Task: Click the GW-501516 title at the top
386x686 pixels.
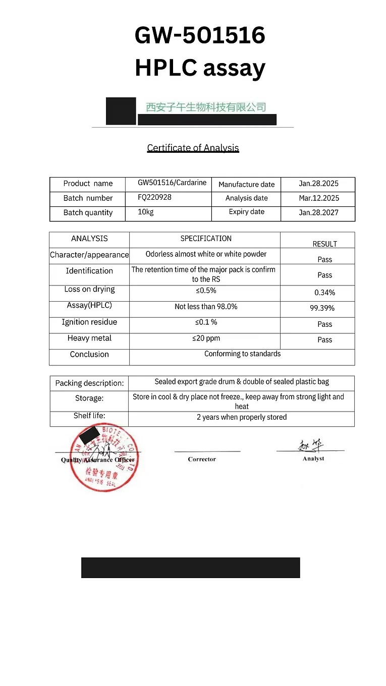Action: pyautogui.click(x=200, y=36)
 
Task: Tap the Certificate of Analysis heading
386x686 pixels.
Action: pyautogui.click(x=193, y=148)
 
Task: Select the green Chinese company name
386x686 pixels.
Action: pyautogui.click(x=206, y=107)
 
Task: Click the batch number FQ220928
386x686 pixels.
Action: pyautogui.click(x=154, y=197)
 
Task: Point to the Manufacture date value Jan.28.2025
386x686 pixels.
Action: pyautogui.click(x=319, y=184)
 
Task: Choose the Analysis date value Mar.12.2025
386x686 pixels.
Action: pyautogui.click(x=319, y=198)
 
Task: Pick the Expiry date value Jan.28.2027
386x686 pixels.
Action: pyautogui.click(x=319, y=212)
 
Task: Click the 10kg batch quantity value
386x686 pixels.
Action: pyautogui.click(x=146, y=212)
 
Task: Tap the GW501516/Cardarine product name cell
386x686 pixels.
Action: pyautogui.click(x=172, y=183)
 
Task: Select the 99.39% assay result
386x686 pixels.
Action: pyautogui.click(x=322, y=308)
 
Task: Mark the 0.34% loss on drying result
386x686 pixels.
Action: pyautogui.click(x=324, y=293)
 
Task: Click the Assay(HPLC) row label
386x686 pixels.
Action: pyautogui.click(x=89, y=305)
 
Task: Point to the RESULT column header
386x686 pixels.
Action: pyautogui.click(x=324, y=244)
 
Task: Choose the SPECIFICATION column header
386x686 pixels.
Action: pyautogui.click(x=206, y=238)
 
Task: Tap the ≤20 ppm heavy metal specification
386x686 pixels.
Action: pyautogui.click(x=206, y=338)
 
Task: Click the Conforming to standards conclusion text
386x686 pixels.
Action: pyautogui.click(x=242, y=354)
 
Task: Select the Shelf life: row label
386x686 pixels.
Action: pyautogui.click(x=89, y=416)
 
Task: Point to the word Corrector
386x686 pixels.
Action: pyautogui.click(x=202, y=459)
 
